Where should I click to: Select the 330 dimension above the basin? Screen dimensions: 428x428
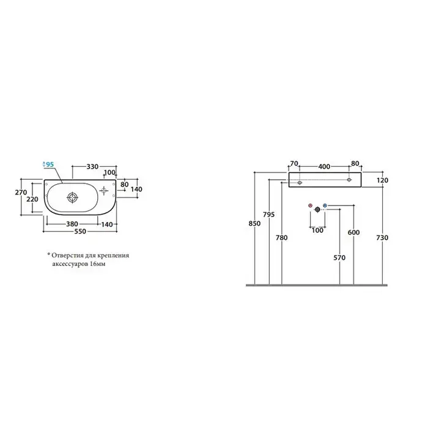[x=92, y=166]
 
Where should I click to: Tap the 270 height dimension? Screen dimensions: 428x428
[x=21, y=193]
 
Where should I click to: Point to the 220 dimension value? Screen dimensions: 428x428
[x=32, y=199]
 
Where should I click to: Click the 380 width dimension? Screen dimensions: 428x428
[x=72, y=224]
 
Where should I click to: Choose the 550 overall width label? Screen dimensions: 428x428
[x=80, y=232]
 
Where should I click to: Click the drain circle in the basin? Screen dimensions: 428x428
[x=72, y=197]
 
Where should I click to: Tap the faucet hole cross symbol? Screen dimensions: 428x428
[x=104, y=191]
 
